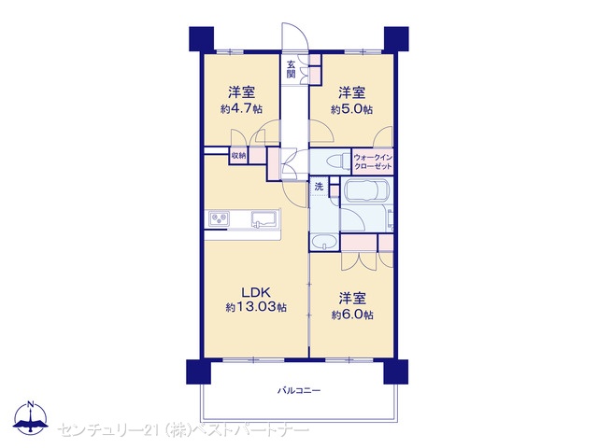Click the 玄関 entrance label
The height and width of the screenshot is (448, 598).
coord(291,68)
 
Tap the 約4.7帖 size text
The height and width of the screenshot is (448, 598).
coord(241,109)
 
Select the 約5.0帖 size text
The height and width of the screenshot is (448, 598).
coord(351,109)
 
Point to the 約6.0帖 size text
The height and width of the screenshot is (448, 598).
coord(352,315)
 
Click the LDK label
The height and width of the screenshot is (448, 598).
coord(256,292)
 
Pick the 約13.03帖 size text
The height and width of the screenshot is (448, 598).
coord(256,307)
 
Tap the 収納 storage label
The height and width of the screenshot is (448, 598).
coord(238,156)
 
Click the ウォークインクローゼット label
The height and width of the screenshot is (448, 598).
coord(373,161)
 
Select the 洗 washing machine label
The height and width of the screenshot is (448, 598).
coord(319,187)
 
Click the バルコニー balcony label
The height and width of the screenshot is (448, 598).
coord(299,390)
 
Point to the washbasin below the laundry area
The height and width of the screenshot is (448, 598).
coord(324,242)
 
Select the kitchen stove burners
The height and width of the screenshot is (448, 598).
coord(219,218)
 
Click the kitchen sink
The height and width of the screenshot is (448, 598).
coord(263,219)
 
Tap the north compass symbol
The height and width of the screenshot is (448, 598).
coord(31,417)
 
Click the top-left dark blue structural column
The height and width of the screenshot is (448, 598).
coord(202,39)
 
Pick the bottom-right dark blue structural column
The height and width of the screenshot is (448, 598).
coord(396,371)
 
